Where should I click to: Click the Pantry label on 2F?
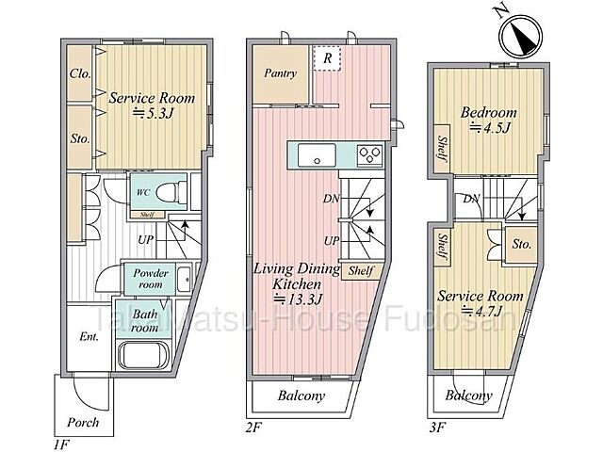[x=281, y=73]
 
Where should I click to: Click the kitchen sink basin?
[x=312, y=154]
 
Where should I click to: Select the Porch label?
[x=83, y=422]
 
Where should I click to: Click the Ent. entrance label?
[x=89, y=337]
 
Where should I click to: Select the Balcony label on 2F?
[x=301, y=396]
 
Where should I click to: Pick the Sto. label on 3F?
[x=523, y=244]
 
